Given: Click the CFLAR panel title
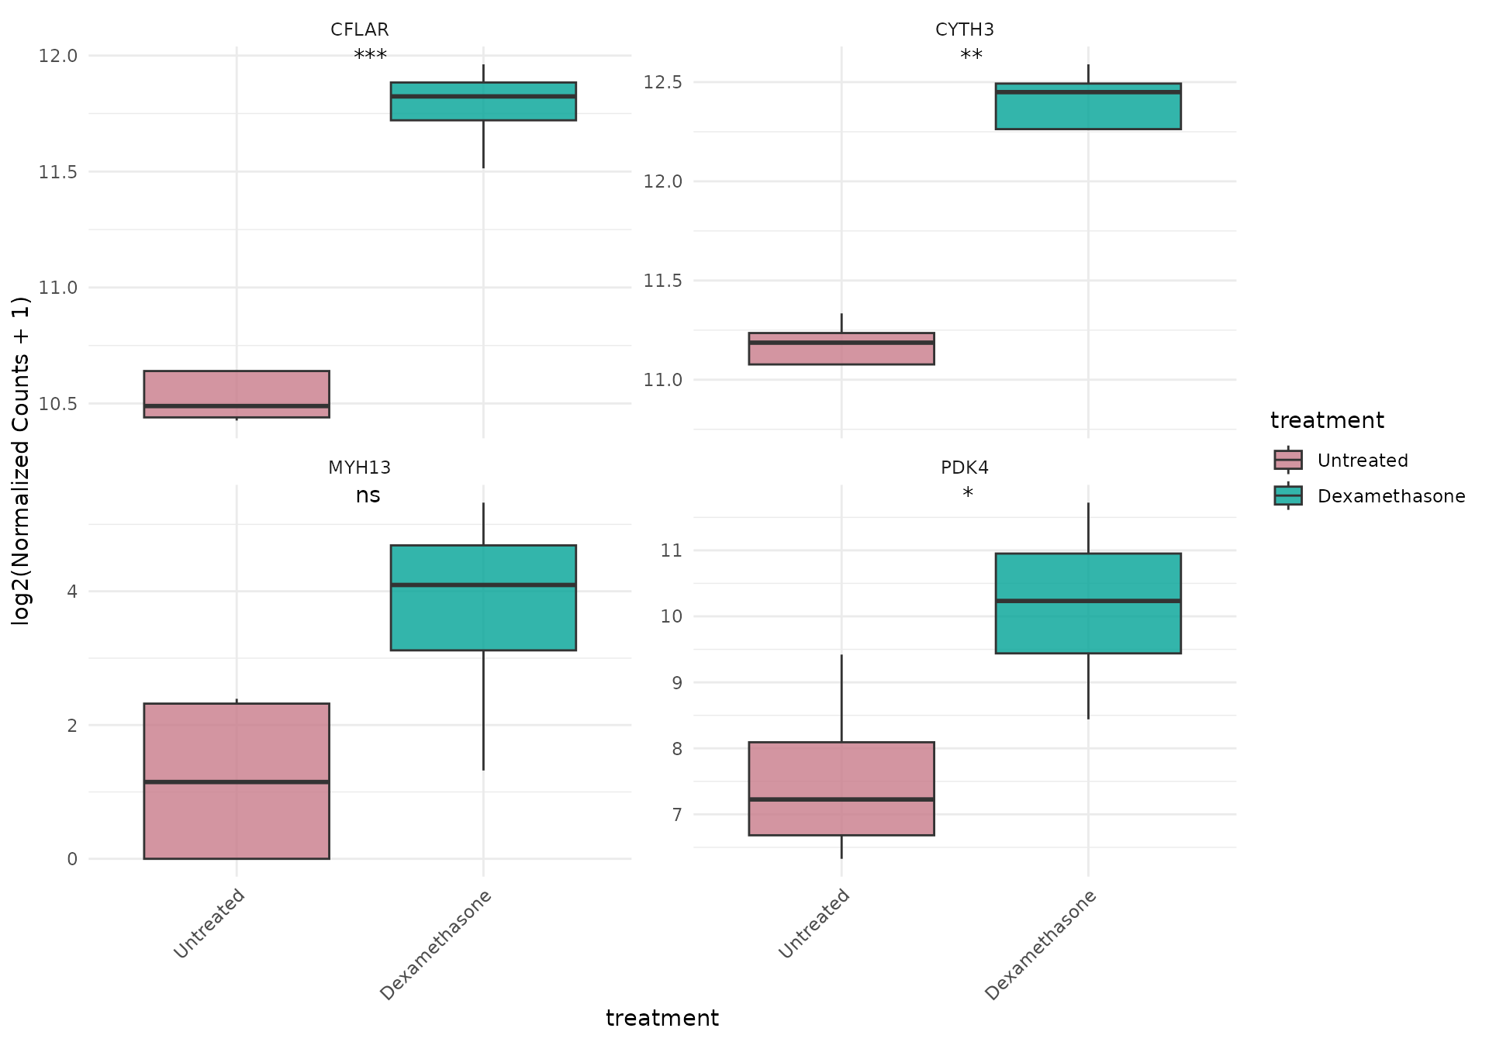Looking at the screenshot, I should click(359, 29).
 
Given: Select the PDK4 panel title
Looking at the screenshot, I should click(964, 468).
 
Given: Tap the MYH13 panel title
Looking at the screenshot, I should click(359, 468).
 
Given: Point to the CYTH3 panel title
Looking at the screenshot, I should click(964, 29).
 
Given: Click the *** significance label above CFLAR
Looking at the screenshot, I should click(370, 56).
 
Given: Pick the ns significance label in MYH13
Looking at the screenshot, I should click(368, 495).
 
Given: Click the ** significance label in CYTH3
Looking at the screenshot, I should click(971, 56).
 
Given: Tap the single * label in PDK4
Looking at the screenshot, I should click(967, 494).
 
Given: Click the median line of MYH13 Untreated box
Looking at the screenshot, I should click(237, 781).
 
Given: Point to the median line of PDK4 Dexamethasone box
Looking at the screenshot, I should click(1088, 601).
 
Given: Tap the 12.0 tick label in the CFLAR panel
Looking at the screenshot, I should click(58, 56).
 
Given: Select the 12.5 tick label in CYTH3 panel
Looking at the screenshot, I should click(663, 82).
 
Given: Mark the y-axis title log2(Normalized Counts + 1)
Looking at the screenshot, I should click(21, 461).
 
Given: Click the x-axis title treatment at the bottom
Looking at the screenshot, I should click(662, 1018).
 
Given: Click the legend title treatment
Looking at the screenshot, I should click(1326, 420).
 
